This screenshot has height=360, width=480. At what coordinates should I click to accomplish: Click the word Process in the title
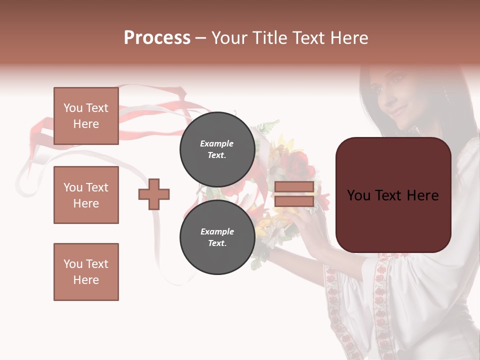157,38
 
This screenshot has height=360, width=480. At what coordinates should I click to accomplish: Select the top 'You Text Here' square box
86,116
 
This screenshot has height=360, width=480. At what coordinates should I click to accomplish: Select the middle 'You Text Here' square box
86,195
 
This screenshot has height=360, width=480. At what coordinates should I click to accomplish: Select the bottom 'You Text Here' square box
86,272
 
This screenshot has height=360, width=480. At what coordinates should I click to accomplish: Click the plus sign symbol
154,194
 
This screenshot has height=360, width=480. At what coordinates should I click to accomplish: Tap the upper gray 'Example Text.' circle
217,149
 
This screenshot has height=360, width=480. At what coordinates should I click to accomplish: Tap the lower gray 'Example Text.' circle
217,237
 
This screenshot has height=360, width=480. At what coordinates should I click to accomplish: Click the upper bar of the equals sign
294,187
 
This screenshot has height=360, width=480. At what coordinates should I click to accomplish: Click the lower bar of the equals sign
294,201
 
